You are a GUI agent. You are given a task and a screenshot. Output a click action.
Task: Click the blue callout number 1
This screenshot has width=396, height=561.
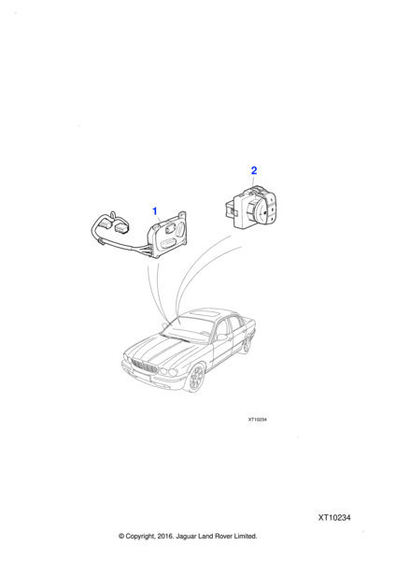tap(155, 211)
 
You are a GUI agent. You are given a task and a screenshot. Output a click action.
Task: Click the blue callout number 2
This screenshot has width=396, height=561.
tap(254, 171)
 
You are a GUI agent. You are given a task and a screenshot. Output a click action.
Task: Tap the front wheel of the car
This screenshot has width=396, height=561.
tap(196, 377)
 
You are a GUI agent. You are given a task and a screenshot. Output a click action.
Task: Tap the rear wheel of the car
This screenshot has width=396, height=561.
tap(247, 343)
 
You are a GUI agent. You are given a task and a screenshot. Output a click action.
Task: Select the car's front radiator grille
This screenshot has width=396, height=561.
tap(145, 367)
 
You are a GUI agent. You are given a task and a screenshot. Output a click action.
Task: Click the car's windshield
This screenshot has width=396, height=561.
tap(188, 327)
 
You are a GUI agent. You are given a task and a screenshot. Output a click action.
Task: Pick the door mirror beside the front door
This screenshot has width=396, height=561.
tap(222, 337)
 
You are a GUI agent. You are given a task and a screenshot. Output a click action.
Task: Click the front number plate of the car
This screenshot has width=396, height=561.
tap(141, 376)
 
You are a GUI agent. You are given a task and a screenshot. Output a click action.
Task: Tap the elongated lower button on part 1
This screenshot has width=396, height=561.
tap(167, 244)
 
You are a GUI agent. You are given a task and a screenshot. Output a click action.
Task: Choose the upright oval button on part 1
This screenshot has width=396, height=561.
tap(181, 228)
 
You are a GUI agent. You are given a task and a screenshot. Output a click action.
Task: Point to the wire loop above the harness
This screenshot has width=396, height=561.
tap(113, 215)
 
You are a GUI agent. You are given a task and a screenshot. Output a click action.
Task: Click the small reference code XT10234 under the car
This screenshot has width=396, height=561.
tap(258, 419)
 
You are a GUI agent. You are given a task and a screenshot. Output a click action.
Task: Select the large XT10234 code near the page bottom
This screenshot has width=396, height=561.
tap(334, 517)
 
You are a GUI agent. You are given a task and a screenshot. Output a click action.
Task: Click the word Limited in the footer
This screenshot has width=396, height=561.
tap(246, 536)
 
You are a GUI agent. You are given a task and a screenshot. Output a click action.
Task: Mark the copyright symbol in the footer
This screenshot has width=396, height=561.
tap(121, 536)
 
